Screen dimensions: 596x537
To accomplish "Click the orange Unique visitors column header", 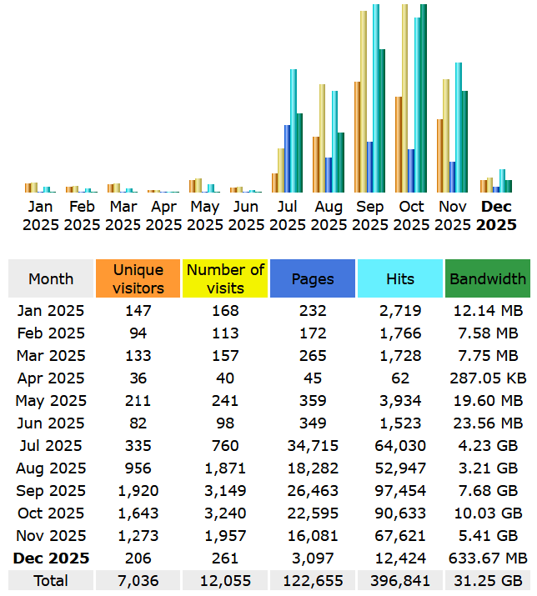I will coord(138,278).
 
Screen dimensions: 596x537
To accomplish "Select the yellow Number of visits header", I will coord(225,278).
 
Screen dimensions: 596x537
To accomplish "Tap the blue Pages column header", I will coord(313,278).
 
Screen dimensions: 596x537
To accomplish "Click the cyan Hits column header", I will coord(400,278).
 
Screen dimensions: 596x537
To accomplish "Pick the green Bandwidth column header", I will coord(488,278).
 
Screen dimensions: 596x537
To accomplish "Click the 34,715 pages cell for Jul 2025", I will coord(313,446).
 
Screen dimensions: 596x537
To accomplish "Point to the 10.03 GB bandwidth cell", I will coord(488,513).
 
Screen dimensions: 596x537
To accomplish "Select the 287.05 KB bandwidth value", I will coord(488,378).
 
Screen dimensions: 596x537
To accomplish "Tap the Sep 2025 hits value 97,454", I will coord(400,491).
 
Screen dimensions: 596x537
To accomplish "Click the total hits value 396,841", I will coord(400,580).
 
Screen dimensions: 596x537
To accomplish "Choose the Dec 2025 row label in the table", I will coord(51,558).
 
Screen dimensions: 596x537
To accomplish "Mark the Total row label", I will coord(51,580).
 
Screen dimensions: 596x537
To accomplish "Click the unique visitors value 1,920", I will coord(138,491).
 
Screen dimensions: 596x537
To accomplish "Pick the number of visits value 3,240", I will coord(225,513).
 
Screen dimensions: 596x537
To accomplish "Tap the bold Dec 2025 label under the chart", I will coord(497,215).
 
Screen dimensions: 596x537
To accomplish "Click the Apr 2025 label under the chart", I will coord(164,215).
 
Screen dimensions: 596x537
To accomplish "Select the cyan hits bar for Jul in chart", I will coord(294,131).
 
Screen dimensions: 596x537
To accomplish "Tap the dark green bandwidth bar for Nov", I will coord(464,142).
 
